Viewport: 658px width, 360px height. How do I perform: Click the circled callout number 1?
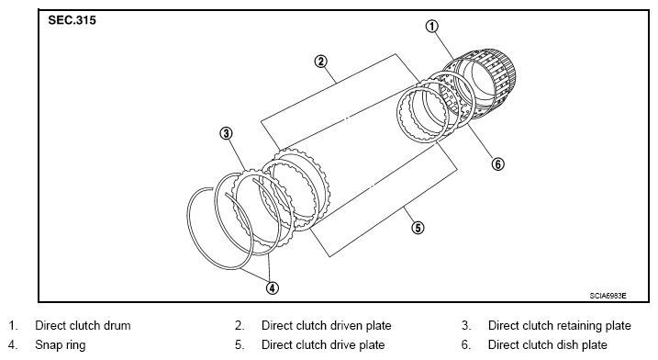[x=432, y=26]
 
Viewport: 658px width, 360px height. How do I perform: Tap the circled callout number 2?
[x=320, y=62]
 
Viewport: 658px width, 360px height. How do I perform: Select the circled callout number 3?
[x=226, y=133]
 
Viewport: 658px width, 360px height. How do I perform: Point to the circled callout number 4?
[x=272, y=287]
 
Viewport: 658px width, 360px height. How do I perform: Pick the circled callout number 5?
[x=418, y=228]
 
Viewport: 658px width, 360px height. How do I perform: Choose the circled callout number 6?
[x=497, y=163]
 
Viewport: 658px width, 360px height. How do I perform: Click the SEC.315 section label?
[x=72, y=20]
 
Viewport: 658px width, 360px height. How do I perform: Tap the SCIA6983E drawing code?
[x=608, y=296]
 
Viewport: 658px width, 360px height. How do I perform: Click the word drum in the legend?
[x=117, y=325]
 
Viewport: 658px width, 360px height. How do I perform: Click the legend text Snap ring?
[x=60, y=345]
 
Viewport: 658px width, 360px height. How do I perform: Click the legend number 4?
[x=13, y=345]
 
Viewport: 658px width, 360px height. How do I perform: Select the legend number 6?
[x=466, y=345]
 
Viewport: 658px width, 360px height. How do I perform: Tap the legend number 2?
[x=240, y=325]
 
